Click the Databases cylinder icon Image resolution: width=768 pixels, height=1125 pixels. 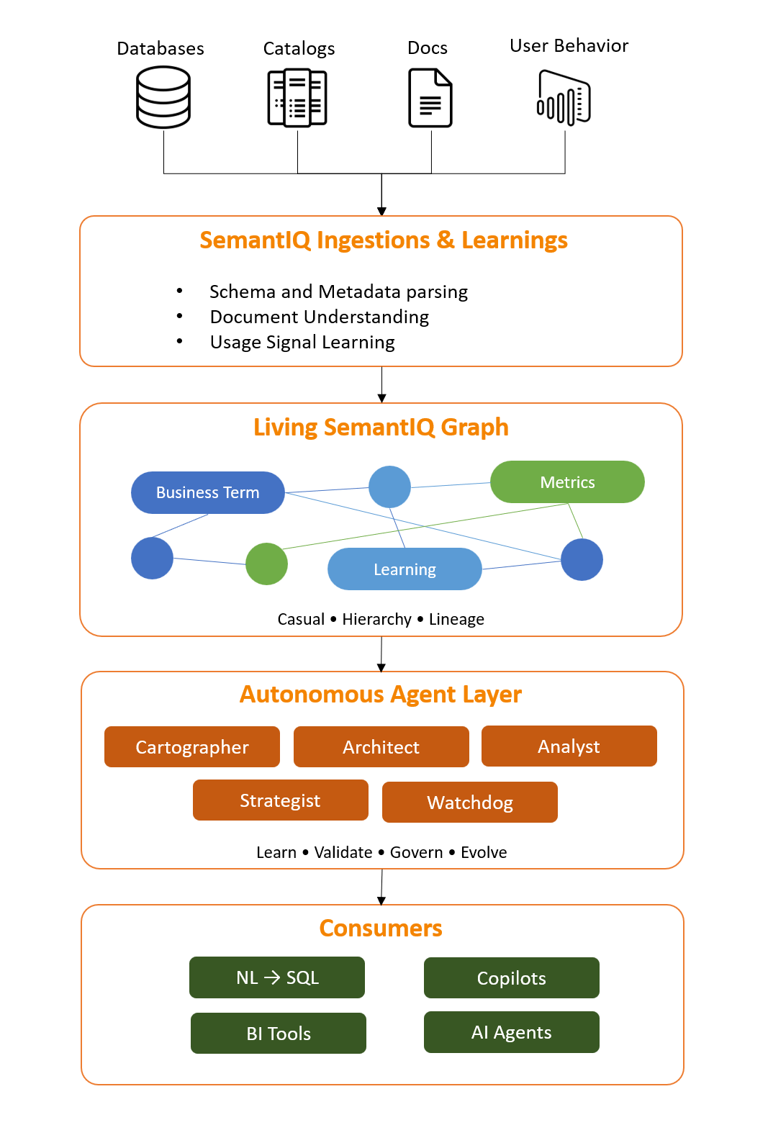click(163, 97)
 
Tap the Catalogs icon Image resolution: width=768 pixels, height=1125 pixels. click(297, 98)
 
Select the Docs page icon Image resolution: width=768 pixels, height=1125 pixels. click(430, 98)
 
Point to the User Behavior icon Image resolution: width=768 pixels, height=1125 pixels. click(564, 98)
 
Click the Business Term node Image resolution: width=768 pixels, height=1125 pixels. click(207, 493)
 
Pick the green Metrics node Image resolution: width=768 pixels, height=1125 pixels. click(567, 482)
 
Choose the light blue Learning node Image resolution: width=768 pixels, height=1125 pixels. click(405, 569)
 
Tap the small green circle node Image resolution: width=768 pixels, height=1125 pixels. click(266, 564)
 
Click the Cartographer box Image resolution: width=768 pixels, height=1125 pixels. click(192, 747)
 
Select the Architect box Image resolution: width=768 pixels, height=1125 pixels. click(381, 747)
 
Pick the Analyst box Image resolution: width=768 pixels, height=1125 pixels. click(569, 746)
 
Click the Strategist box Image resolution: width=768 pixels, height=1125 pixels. click(280, 800)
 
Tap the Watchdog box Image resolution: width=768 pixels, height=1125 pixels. click(470, 803)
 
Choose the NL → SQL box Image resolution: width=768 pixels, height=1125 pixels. click(277, 977)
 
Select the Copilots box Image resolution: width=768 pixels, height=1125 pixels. click(512, 978)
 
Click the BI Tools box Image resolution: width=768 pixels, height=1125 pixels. click(279, 1034)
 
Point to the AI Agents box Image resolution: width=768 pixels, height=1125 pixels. click(512, 1032)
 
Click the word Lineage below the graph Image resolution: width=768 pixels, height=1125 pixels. click(456, 620)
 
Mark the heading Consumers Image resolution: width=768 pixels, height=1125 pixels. click(381, 929)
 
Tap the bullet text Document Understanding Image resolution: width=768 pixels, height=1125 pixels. click(320, 317)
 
